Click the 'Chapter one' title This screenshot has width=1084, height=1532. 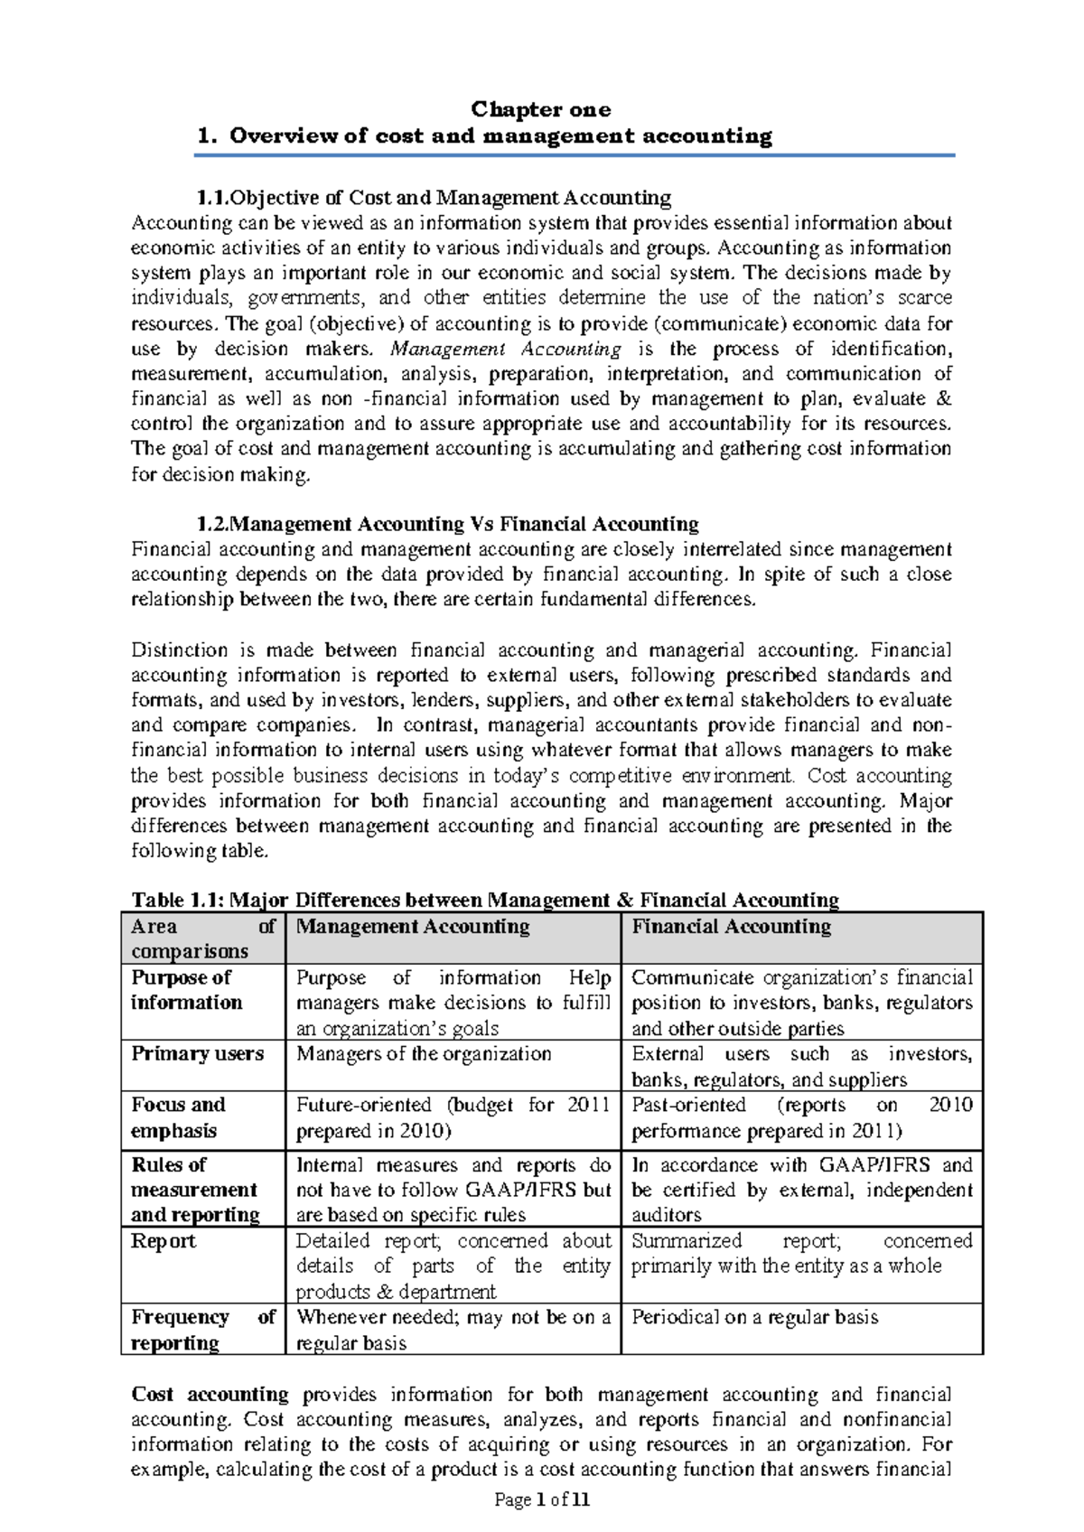[541, 109]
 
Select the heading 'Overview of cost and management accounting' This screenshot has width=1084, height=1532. [500, 136]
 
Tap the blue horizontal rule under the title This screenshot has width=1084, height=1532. [575, 155]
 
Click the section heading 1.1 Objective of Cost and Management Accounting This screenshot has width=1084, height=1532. [434, 197]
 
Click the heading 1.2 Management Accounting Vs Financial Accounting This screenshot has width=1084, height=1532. [448, 524]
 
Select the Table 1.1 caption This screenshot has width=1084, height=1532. [485, 900]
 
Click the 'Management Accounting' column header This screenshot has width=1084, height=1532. [413, 927]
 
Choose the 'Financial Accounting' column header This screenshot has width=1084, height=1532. [731, 927]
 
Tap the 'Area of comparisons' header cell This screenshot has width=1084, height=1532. [202, 939]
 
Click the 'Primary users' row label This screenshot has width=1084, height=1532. [198, 1054]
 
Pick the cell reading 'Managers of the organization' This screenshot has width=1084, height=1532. [424, 1054]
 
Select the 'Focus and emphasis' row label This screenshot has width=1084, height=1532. [178, 1117]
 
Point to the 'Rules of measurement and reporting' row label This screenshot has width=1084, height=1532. [194, 1190]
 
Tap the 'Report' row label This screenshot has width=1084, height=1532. [164, 1241]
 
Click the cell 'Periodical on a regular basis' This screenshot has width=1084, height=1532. [754, 1318]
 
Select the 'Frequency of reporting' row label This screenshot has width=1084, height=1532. [202, 1330]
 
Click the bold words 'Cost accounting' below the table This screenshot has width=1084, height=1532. [210, 1395]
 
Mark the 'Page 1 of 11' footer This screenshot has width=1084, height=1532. [542, 1500]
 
